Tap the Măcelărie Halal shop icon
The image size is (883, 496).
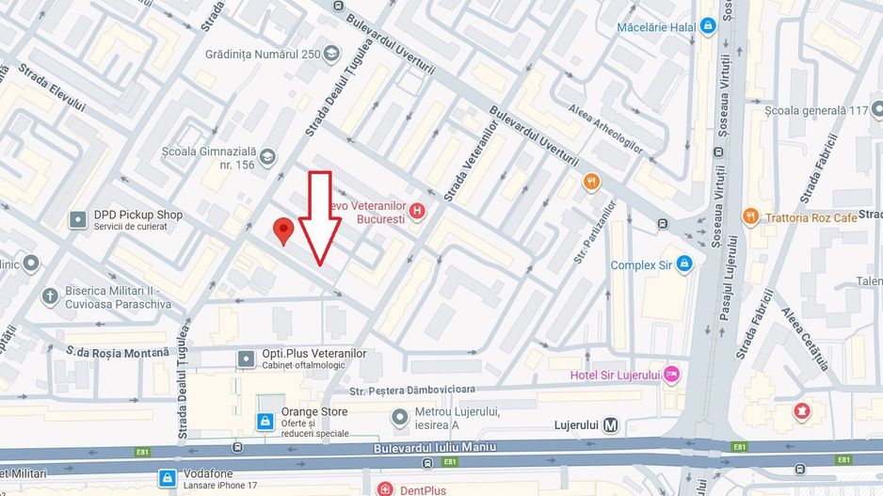click(708, 27)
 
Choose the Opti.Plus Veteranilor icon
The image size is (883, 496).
click(246, 359)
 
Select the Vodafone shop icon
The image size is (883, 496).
click(168, 477)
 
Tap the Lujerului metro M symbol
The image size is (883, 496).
click(612, 425)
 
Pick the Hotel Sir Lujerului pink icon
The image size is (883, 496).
click(672, 375)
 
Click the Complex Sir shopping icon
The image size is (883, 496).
click(684, 264)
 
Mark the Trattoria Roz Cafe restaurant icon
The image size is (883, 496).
click(750, 217)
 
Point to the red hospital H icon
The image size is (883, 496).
click(418, 213)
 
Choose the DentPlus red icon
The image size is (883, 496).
click(384, 489)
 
